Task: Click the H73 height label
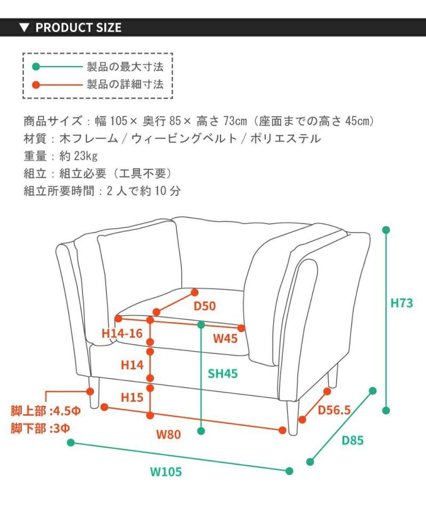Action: click(x=402, y=303)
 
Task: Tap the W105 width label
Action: click(x=166, y=472)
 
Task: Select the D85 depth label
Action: click(x=353, y=441)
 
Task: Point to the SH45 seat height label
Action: click(x=223, y=374)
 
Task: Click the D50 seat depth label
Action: click(x=204, y=306)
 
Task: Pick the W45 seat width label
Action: click(x=225, y=338)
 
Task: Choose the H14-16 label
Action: click(x=122, y=334)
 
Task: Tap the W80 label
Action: click(x=168, y=434)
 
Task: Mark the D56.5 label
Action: click(x=334, y=410)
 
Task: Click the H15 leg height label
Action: click(x=132, y=397)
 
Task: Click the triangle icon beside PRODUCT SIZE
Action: click(x=24, y=28)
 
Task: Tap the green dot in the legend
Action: click(x=36, y=67)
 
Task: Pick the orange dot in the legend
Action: click(x=36, y=84)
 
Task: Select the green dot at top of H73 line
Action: click(x=386, y=230)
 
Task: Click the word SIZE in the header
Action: click(x=108, y=28)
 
